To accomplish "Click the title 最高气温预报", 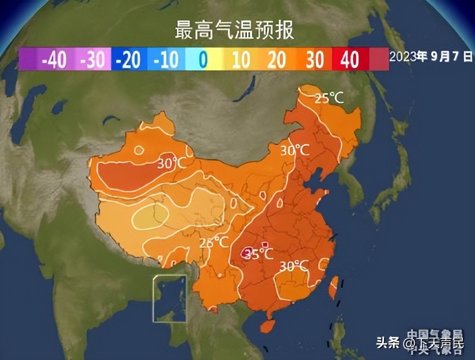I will click(x=234, y=31).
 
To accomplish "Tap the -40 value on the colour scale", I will click(x=54, y=60).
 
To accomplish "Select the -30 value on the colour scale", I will click(x=92, y=60).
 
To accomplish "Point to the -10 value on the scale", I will click(x=165, y=60).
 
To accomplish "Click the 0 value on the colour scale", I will click(x=203, y=60).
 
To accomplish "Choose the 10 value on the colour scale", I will click(x=241, y=60).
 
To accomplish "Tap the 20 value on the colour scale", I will click(x=277, y=60).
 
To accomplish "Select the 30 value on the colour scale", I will click(x=314, y=60).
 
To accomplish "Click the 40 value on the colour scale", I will click(x=350, y=60).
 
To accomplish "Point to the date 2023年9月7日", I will click(x=431, y=57).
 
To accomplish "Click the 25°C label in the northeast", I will click(x=329, y=98).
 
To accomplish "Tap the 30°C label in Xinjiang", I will click(x=171, y=163).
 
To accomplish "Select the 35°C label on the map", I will click(x=258, y=255).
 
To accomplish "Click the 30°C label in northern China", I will click(x=295, y=151).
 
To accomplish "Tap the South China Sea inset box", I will click(x=170, y=299).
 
